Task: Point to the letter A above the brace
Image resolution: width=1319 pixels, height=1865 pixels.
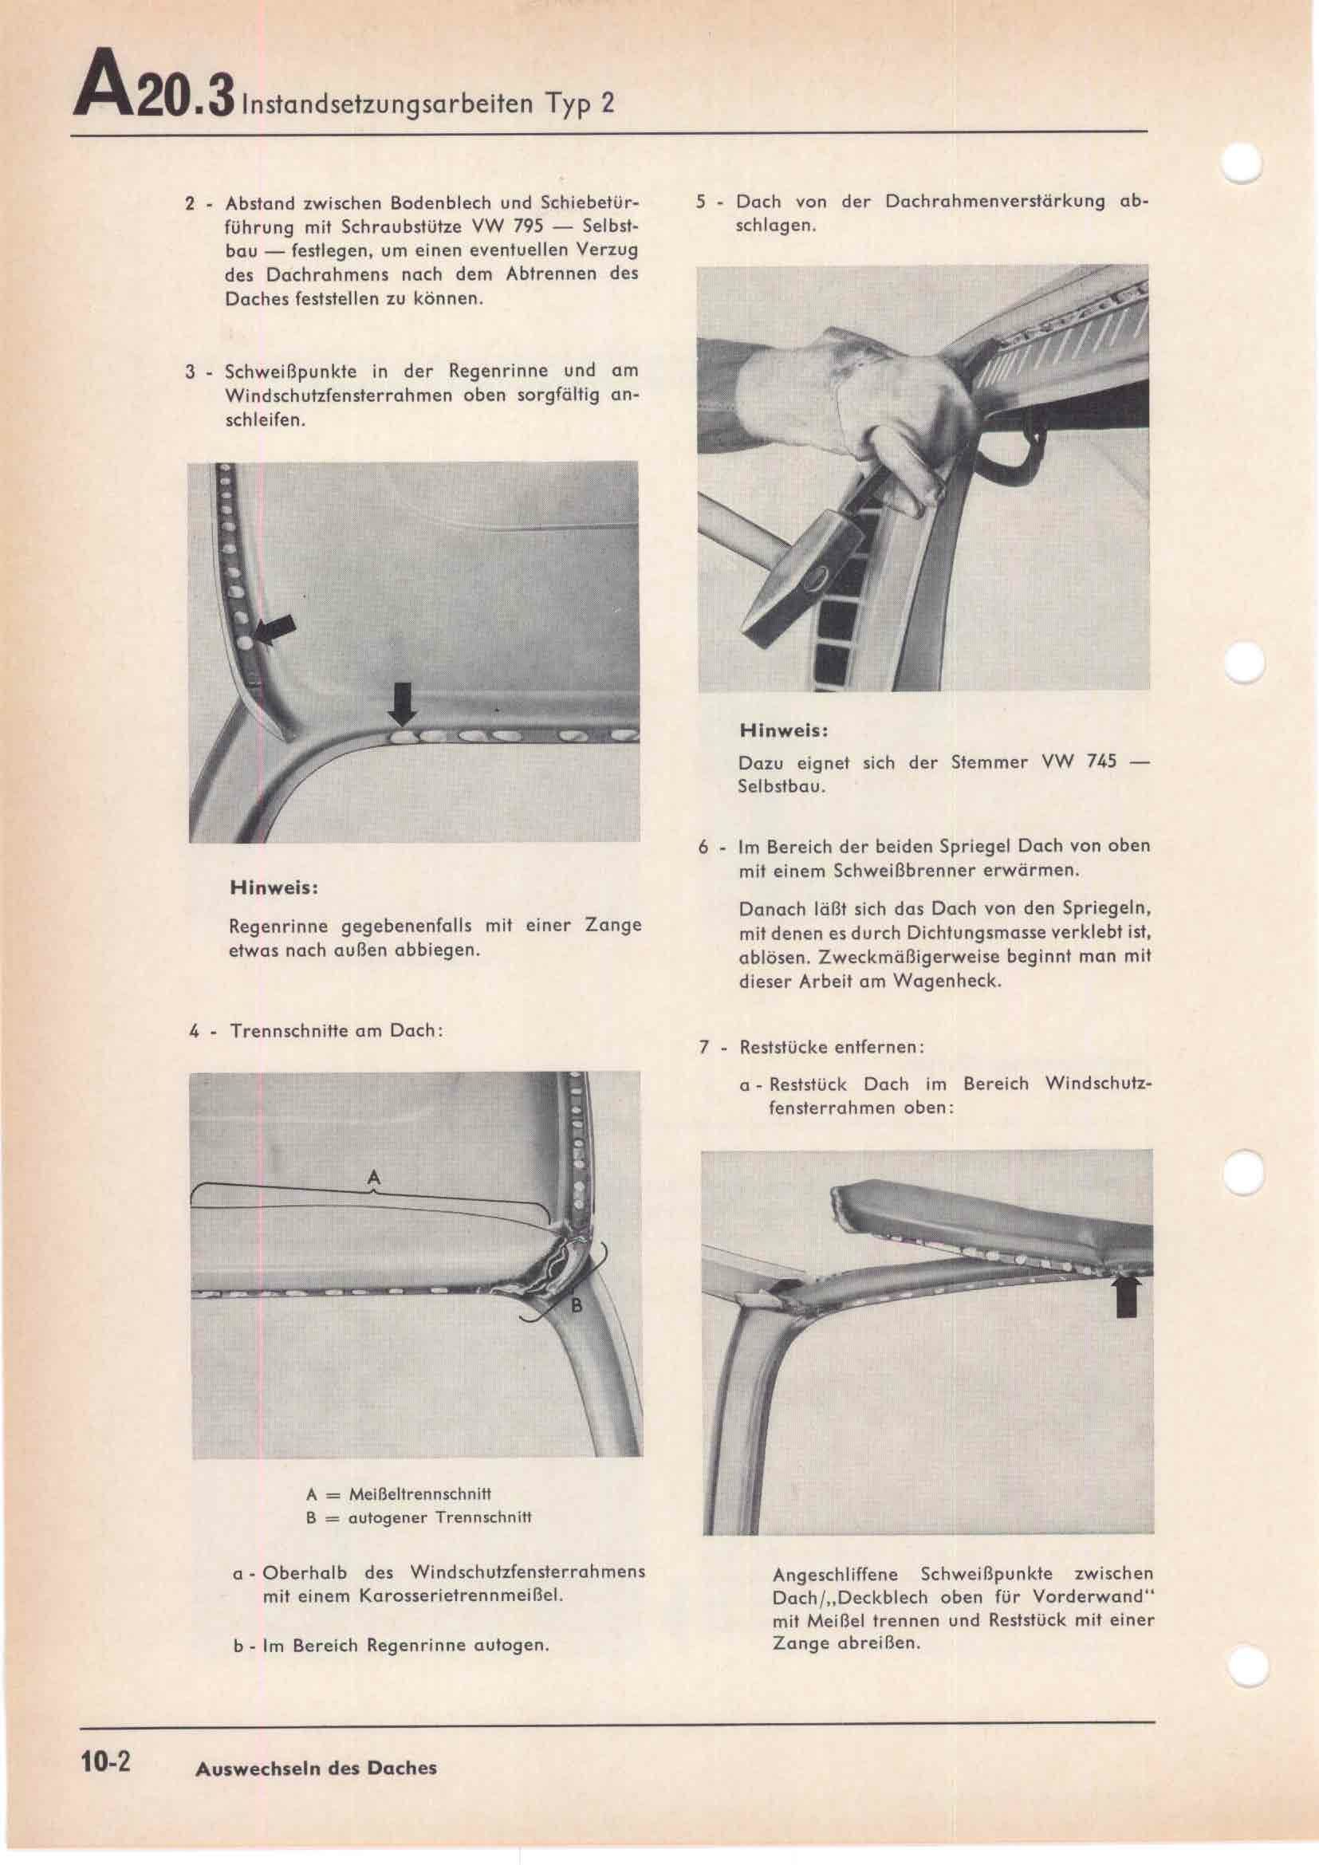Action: [373, 1178]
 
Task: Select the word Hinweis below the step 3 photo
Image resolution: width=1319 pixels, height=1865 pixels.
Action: [273, 887]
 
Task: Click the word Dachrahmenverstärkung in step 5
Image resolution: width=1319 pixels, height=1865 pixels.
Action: [995, 202]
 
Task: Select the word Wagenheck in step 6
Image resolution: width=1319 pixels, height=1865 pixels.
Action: [947, 981]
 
